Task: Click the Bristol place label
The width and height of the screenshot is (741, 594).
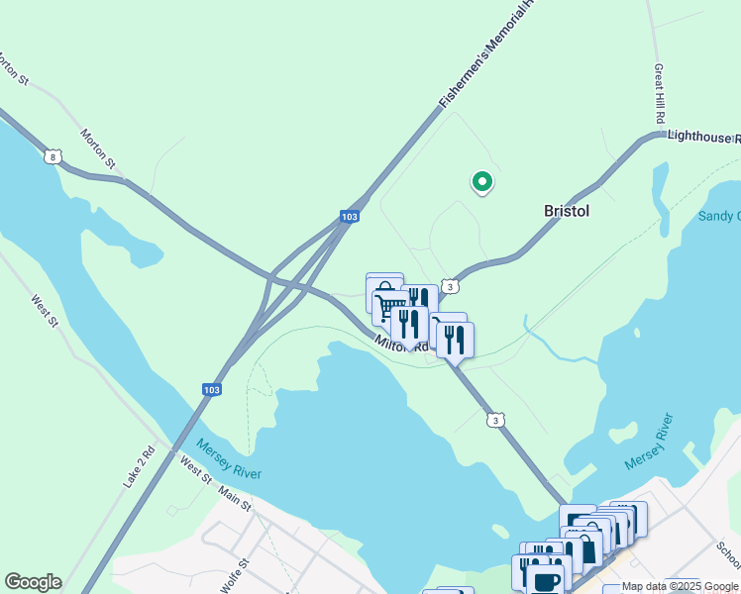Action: click(x=567, y=211)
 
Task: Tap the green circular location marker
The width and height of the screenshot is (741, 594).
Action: click(x=482, y=182)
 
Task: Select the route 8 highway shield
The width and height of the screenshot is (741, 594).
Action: click(x=53, y=156)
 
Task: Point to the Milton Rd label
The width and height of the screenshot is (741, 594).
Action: click(x=402, y=344)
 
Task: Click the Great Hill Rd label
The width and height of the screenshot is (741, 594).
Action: click(x=659, y=95)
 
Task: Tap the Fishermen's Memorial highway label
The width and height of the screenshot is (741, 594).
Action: click(x=486, y=54)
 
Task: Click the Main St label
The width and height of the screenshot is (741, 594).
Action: click(x=235, y=499)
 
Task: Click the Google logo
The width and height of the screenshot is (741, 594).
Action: click(x=33, y=582)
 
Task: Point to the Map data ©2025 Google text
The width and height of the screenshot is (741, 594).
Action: click(x=681, y=586)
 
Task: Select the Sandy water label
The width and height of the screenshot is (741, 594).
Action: click(x=719, y=216)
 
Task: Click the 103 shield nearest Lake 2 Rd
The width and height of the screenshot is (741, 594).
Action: click(x=211, y=390)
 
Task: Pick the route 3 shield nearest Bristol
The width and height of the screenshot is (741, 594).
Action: click(x=451, y=286)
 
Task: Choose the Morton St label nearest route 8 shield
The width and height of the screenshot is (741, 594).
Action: click(x=99, y=148)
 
